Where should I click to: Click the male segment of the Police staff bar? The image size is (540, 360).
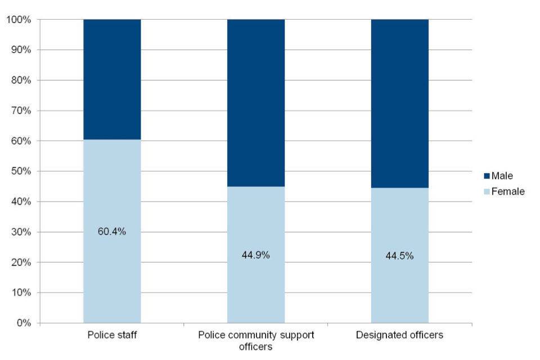click(112, 79)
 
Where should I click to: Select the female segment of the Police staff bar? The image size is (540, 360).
click(112, 270)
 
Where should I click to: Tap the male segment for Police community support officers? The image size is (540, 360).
click(256, 103)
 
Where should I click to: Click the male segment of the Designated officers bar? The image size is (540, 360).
click(400, 103)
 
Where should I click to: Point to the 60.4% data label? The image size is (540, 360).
click(112, 232)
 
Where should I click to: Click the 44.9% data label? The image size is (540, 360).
click(256, 255)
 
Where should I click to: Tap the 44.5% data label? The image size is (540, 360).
click(400, 256)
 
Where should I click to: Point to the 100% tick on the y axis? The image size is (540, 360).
click(20, 20)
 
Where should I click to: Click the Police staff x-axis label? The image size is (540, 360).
click(112, 335)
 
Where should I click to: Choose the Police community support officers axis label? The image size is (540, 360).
click(256, 340)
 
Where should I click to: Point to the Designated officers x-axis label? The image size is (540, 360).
click(400, 335)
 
